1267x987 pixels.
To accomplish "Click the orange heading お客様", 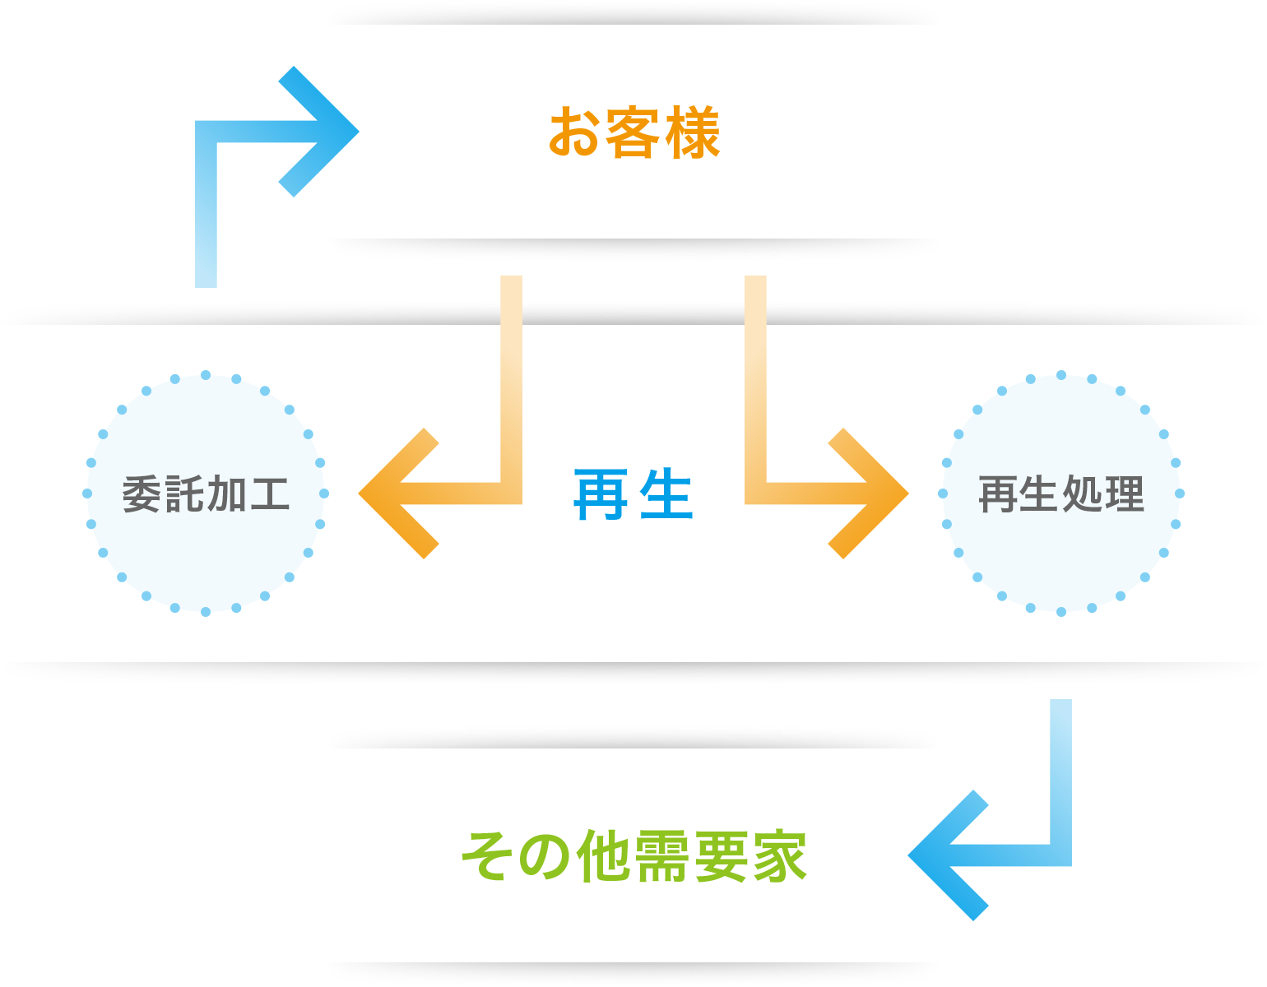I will click(x=634, y=132).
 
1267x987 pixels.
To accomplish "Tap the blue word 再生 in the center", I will click(x=633, y=494).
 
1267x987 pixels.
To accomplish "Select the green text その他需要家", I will click(x=633, y=856).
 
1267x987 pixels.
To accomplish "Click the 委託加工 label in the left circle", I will click(x=206, y=494).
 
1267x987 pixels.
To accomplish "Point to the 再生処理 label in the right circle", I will click(x=1061, y=494).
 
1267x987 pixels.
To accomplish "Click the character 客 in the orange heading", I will click(x=633, y=132).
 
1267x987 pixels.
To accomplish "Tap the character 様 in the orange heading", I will click(x=693, y=132).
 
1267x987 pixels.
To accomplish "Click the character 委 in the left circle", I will click(x=142, y=494).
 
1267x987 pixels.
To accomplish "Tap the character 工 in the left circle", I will click(x=270, y=494).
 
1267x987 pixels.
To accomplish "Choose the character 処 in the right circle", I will click(x=1083, y=494).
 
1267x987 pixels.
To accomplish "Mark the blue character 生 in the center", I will click(x=666, y=494).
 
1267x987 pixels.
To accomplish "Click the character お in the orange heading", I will click(x=573, y=132).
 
